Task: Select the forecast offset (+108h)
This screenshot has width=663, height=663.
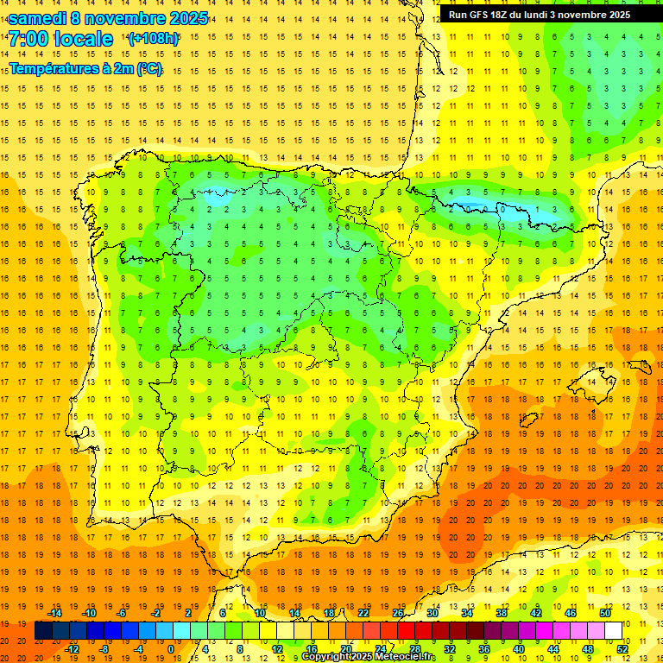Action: [x=154, y=39]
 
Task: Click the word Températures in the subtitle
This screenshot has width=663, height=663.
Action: [x=51, y=68]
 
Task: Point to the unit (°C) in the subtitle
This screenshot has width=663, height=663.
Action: [x=148, y=68]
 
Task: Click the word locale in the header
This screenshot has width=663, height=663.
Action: [x=83, y=39]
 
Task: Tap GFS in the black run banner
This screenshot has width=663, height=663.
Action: [x=477, y=15]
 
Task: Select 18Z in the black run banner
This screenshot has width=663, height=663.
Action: [x=499, y=15]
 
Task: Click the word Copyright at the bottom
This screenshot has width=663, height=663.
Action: [x=325, y=657]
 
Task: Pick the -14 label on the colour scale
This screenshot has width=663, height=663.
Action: [x=56, y=613]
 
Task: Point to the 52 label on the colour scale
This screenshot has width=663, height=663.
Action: [x=622, y=649]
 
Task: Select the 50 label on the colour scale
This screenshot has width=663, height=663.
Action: [x=604, y=613]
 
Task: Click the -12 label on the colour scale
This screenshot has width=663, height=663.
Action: [x=73, y=649]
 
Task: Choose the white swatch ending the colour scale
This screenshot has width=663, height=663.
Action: [x=613, y=631]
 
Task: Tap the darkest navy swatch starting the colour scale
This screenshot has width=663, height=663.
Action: [x=43, y=631]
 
